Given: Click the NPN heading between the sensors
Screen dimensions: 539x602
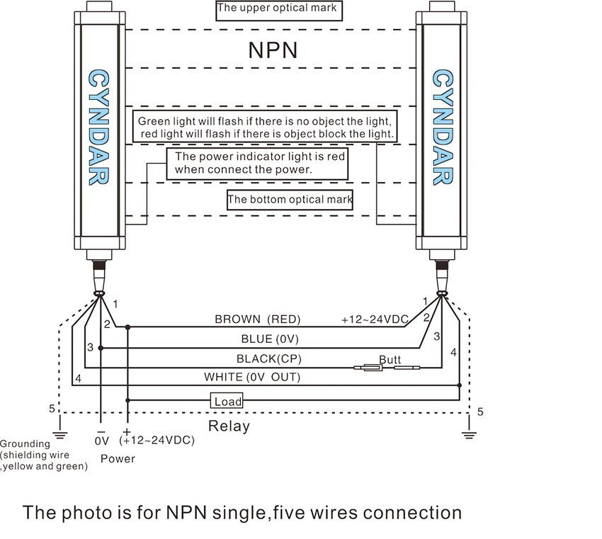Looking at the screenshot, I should tap(273, 50).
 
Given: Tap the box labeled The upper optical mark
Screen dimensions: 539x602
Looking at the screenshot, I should tap(276, 9).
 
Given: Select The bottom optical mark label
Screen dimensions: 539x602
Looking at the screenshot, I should tap(290, 200).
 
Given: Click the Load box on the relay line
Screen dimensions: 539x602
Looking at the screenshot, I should tap(227, 402).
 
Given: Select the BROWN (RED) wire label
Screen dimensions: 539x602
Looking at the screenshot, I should tap(258, 319).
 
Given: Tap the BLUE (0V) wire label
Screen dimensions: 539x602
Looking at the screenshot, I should tap(271, 339).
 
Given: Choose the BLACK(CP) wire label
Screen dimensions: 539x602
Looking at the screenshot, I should tap(266, 358).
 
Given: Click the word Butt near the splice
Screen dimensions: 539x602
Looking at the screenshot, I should tap(390, 360).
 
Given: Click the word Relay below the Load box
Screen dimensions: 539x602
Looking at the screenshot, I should tap(229, 426).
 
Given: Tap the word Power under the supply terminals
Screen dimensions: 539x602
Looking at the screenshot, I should tap(118, 458).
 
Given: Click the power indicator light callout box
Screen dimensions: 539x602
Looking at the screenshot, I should tap(256, 163).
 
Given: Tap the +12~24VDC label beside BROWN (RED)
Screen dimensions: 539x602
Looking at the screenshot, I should tap(375, 319).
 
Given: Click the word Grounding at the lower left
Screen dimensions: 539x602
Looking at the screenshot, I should tap(25, 444).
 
